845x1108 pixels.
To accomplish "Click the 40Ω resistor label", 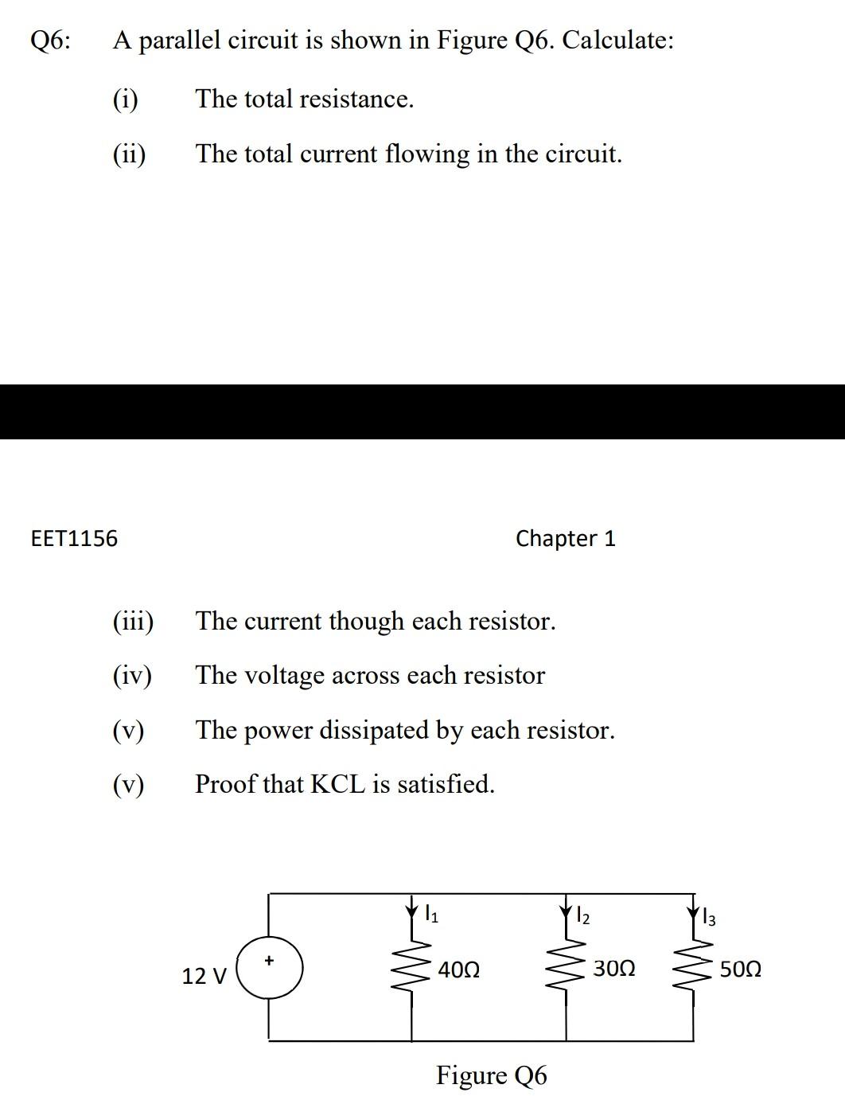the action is [x=459, y=970].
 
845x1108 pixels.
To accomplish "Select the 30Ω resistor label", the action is [x=614, y=970].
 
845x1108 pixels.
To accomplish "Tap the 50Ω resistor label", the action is [x=740, y=970].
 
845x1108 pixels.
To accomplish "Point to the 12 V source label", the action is [x=204, y=976].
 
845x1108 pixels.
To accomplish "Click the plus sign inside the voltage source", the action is [x=269, y=961].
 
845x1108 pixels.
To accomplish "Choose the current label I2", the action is [x=582, y=915].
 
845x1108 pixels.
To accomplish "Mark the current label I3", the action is [x=709, y=918].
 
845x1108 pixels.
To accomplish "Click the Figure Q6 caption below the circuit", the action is [x=491, y=1075].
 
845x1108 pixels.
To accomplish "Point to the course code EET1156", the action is [x=73, y=539].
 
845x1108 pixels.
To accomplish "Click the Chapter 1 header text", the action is [x=565, y=539].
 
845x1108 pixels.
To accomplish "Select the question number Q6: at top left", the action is [x=49, y=40].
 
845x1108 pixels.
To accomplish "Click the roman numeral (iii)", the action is [x=133, y=621].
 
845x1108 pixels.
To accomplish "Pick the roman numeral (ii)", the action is [x=129, y=154].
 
